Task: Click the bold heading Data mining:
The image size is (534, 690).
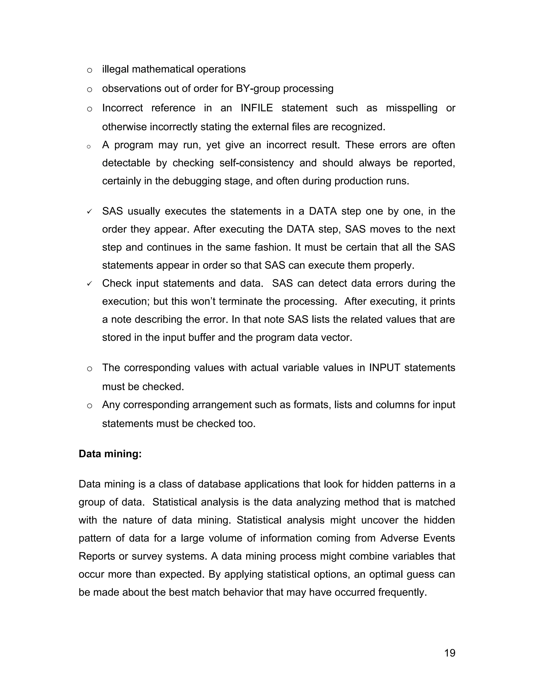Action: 110,454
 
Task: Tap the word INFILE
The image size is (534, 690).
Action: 257,108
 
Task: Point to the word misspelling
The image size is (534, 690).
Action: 411,108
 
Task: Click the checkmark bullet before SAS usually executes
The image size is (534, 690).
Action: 89,211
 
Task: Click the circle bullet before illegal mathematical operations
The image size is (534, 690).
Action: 89,70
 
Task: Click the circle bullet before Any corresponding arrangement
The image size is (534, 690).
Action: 89,406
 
